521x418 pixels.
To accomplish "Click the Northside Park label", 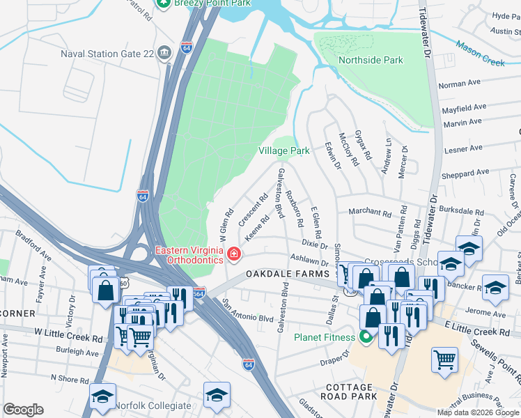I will pos(370,61).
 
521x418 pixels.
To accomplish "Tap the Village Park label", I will pos(283,150).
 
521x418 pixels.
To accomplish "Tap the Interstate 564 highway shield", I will pos(199,293).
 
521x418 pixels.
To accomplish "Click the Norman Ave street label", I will pos(460,83).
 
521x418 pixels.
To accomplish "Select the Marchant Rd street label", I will pos(370,212).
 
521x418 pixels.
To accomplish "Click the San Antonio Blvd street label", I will pos(247,310).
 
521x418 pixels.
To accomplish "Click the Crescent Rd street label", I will pos(254,208).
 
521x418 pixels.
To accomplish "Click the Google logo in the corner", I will pos(23,410).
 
